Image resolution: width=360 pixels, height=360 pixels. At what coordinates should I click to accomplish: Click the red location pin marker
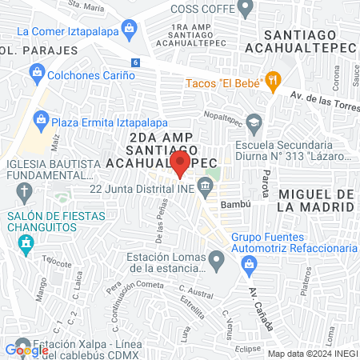(x=181, y=163)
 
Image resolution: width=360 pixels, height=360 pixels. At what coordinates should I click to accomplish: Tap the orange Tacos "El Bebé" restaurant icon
(x=275, y=80)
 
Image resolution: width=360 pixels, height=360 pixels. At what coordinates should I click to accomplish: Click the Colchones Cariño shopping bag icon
(x=35, y=73)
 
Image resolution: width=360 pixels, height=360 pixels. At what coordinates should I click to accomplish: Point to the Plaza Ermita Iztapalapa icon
(x=42, y=122)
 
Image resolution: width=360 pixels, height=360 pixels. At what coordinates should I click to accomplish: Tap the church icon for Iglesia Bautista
(x=24, y=192)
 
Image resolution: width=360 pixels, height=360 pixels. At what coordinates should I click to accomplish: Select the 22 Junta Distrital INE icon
(x=206, y=189)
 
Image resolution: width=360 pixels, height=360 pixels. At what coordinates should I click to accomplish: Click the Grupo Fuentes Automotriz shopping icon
(x=221, y=238)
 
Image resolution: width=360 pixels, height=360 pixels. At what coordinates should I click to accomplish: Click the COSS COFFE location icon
(x=246, y=9)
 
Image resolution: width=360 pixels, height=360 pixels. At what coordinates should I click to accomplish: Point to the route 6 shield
(x=136, y=62)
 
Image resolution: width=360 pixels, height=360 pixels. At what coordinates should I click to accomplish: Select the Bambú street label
(x=236, y=204)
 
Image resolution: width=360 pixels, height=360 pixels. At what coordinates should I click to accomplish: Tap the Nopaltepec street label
(x=225, y=114)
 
